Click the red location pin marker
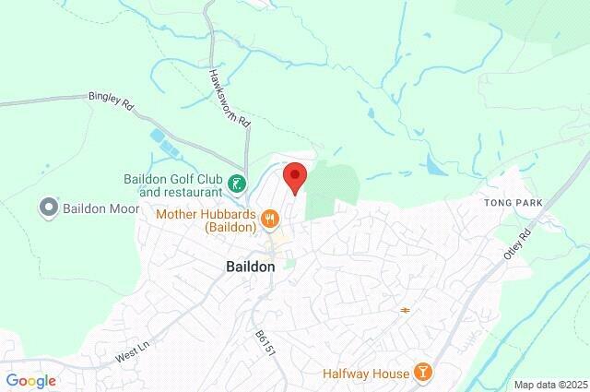pos(294,176)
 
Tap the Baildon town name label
pos(250,266)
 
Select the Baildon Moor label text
pos(100,208)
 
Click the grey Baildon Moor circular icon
pos(49,208)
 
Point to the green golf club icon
pos(238,184)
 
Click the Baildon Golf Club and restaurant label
pos(175,185)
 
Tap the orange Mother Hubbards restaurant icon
pos(270,219)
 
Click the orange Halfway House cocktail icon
pos(422,372)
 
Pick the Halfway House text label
pos(366,374)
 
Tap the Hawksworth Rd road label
pos(229,98)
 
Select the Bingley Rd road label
pos(111,100)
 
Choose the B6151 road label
pos(265,343)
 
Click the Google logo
pos(30,380)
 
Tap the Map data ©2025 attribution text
pos(549,385)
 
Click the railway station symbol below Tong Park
pos(406,309)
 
